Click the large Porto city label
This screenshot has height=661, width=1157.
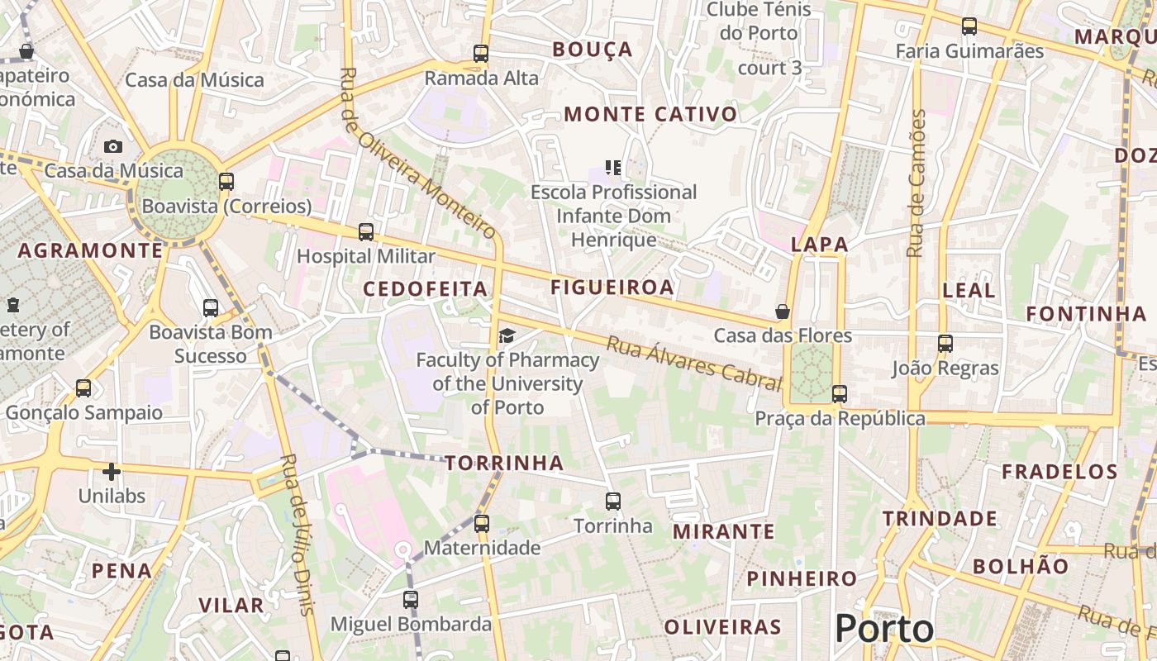[x=884, y=629]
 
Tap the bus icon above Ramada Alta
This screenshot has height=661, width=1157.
[x=481, y=54]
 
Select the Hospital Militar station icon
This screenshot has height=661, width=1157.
[x=366, y=232]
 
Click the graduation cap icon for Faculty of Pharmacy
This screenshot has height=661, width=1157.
[x=507, y=335]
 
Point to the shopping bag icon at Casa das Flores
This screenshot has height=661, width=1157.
[x=782, y=311]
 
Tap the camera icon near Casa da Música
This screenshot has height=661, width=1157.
[x=113, y=146]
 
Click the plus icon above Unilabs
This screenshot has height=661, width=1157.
[x=112, y=472]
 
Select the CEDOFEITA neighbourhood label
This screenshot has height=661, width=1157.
[x=426, y=288]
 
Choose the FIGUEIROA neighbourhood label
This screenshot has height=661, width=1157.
[x=612, y=288]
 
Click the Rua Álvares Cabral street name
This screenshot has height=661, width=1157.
[x=694, y=363]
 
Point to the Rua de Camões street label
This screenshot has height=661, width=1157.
[x=916, y=183]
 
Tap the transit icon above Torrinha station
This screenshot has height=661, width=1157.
[x=612, y=501]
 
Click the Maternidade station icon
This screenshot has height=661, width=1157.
[x=482, y=523]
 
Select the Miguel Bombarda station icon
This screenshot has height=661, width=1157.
[x=411, y=600]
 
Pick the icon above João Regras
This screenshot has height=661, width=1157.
[x=945, y=343]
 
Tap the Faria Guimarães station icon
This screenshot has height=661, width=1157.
[x=969, y=26]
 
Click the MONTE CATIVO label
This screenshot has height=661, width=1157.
[x=650, y=114]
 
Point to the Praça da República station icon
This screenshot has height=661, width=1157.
[x=840, y=394]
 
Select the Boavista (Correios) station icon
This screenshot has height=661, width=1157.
[x=226, y=182]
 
